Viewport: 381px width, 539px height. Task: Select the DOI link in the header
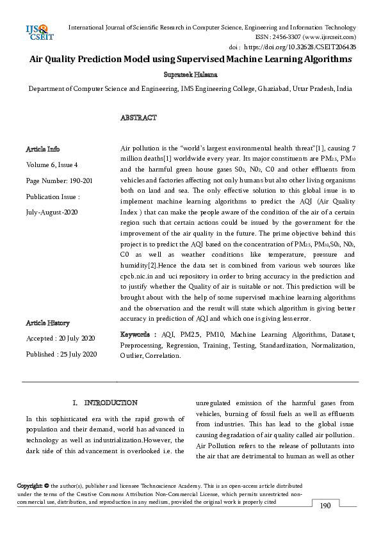pyautogui.click(x=302, y=47)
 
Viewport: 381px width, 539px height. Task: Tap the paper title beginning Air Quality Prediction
pyautogui.click(x=191, y=60)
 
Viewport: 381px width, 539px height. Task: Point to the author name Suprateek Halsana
pyautogui.click(x=191, y=75)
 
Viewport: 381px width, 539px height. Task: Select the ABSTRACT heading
pyautogui.click(x=138, y=118)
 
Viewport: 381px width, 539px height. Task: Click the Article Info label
pyautogui.click(x=43, y=149)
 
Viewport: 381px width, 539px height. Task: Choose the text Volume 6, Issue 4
pyautogui.click(x=52, y=165)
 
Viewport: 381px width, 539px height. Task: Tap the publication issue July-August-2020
pyautogui.click(x=52, y=211)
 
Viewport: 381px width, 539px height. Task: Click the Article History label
pyautogui.click(x=47, y=323)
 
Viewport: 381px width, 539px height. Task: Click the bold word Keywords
pyautogui.click(x=136, y=334)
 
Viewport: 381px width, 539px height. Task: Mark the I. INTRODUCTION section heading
pyautogui.click(x=105, y=403)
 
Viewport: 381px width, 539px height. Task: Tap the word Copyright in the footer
pyautogui.click(x=29, y=487)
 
